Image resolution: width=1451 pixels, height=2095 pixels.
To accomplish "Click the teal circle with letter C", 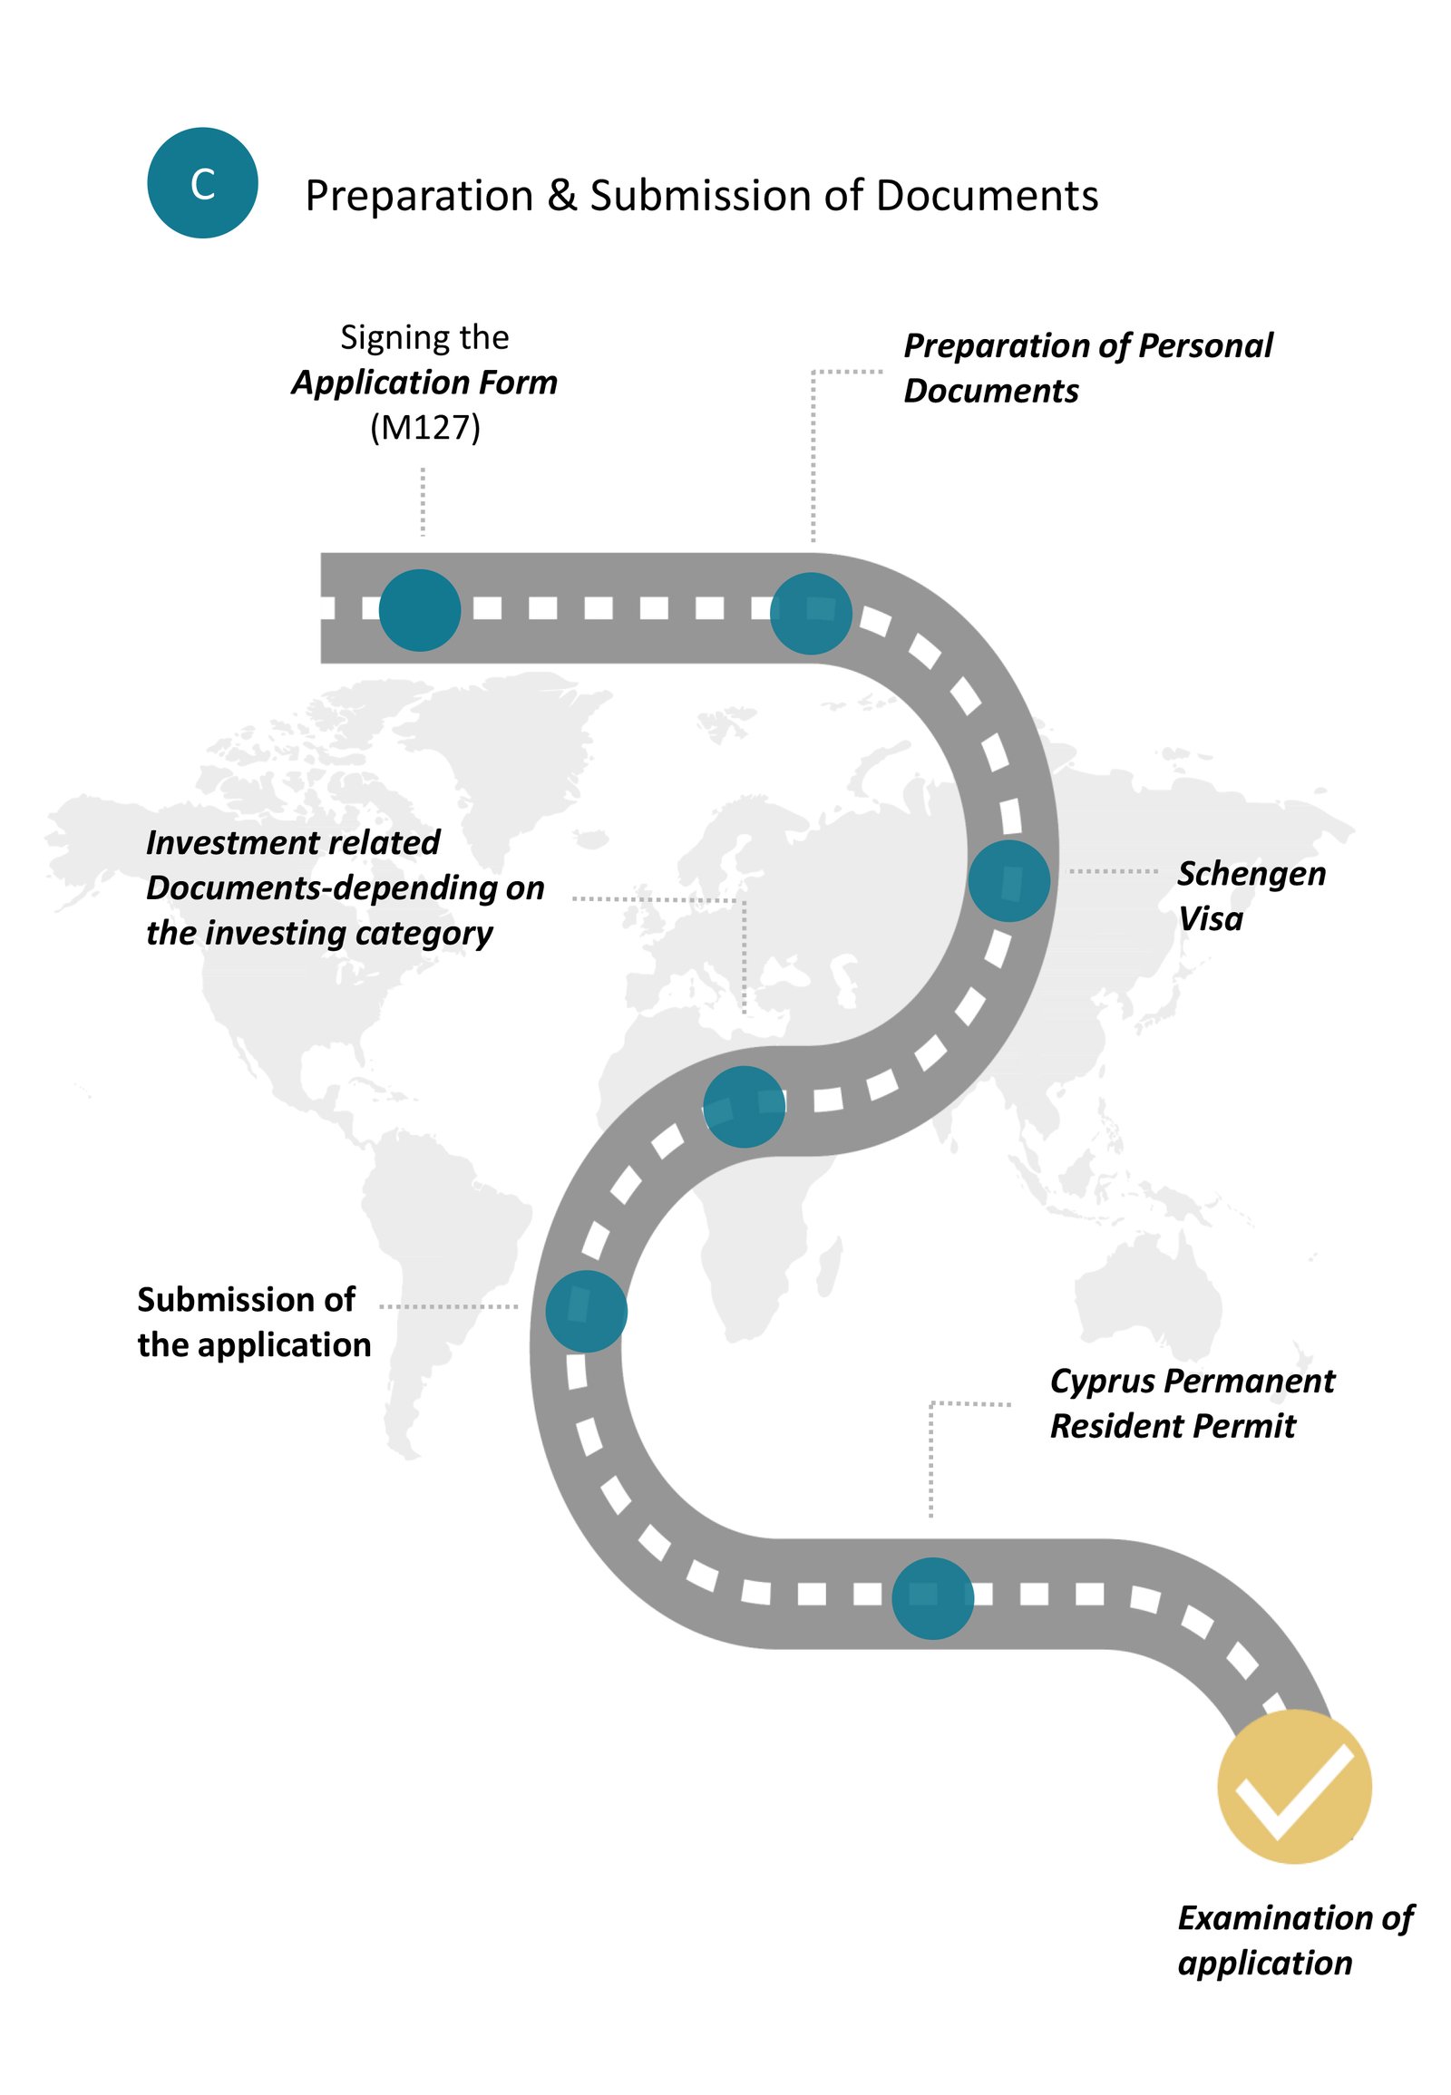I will [x=202, y=183].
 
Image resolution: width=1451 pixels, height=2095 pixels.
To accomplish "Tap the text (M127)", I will [x=424, y=427].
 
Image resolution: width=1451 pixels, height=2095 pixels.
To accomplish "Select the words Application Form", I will [x=424, y=383].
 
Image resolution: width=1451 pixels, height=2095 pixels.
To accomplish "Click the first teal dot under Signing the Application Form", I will [x=419, y=610].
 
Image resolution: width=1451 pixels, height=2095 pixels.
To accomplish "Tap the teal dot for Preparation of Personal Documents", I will [x=810, y=614].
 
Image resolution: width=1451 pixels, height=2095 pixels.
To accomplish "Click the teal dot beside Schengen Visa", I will [x=1008, y=880].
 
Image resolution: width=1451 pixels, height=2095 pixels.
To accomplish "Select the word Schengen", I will [x=1251, y=875].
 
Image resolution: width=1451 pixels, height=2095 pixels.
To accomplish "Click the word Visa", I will [x=1210, y=919].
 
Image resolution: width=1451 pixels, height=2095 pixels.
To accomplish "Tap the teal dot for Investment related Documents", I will [x=744, y=1106].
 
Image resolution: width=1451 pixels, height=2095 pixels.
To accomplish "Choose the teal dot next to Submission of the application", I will [x=587, y=1311].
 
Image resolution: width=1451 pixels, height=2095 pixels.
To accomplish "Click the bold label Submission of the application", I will [x=254, y=1322].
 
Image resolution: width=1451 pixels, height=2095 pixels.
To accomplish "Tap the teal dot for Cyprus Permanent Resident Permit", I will [x=932, y=1598].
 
